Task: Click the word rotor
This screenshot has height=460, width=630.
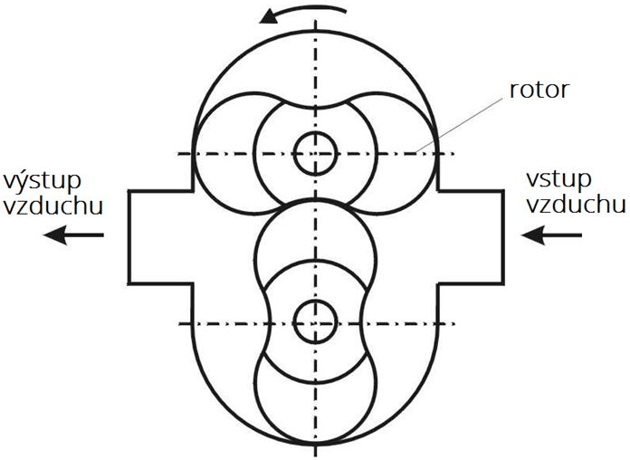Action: pos(539,90)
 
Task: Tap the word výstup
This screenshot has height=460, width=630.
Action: pos(43,182)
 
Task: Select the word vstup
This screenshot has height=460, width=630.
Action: pos(558,179)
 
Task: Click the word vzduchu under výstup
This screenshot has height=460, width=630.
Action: pos(53,205)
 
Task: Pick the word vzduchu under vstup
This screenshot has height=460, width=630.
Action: pos(577,204)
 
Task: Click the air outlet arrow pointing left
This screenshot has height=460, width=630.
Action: pos(73,235)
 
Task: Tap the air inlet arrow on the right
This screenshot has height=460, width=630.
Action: pos(551,235)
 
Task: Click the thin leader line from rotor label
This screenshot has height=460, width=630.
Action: pos(459,124)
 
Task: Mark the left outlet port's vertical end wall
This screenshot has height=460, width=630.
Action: pos(129,237)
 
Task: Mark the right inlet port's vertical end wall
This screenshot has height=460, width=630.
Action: pos(502,237)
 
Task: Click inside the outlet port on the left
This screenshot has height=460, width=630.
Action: pos(161,237)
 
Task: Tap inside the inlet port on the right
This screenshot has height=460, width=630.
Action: pos(470,237)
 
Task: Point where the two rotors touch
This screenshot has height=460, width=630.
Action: pos(316,198)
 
